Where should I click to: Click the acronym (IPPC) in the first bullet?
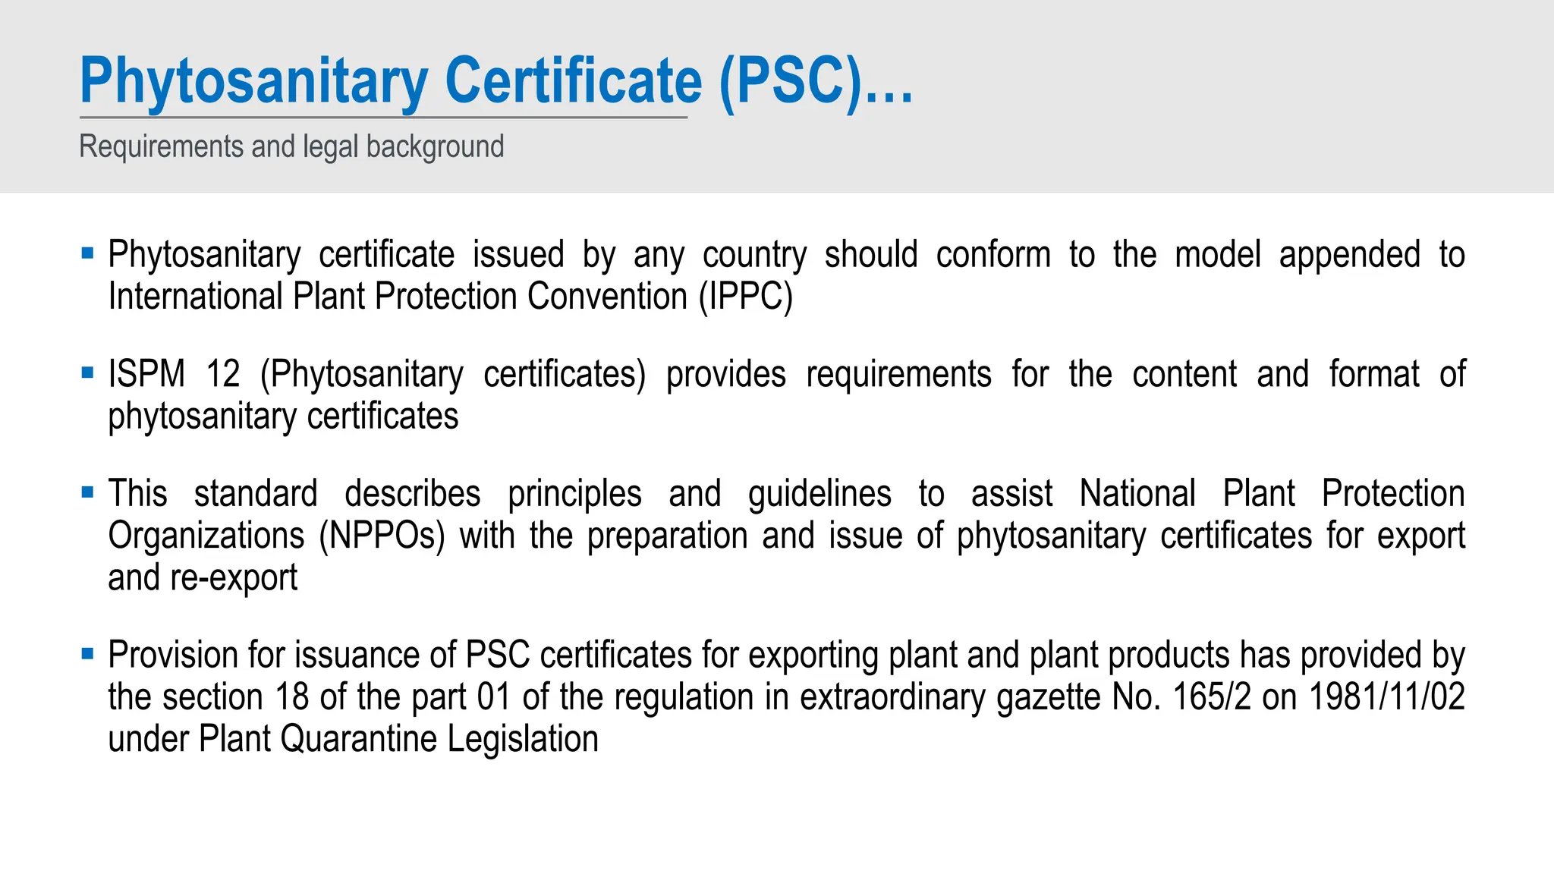[x=745, y=296]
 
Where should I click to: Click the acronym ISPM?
[x=146, y=374]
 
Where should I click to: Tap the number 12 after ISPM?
[x=223, y=374]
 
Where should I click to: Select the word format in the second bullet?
[x=1373, y=374]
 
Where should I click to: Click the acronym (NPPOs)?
[x=382, y=536]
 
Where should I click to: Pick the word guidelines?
[x=819, y=494]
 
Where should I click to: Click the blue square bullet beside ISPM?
[x=87, y=373]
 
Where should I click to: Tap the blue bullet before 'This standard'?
[x=87, y=492]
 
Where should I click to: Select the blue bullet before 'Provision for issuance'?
[x=87, y=653]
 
